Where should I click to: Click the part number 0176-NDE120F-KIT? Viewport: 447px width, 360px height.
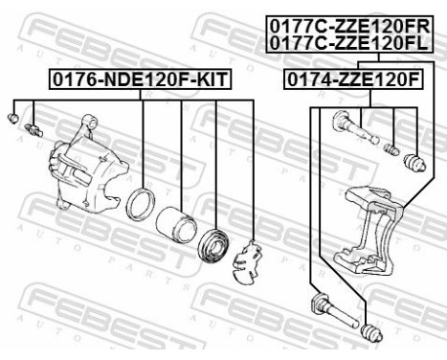[x=140, y=82]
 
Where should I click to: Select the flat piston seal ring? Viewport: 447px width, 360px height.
[x=142, y=203]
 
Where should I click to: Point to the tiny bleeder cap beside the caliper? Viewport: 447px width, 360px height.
[x=12, y=117]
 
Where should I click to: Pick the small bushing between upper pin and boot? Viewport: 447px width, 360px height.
[x=391, y=149]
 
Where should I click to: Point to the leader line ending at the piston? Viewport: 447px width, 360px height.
[x=181, y=153]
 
